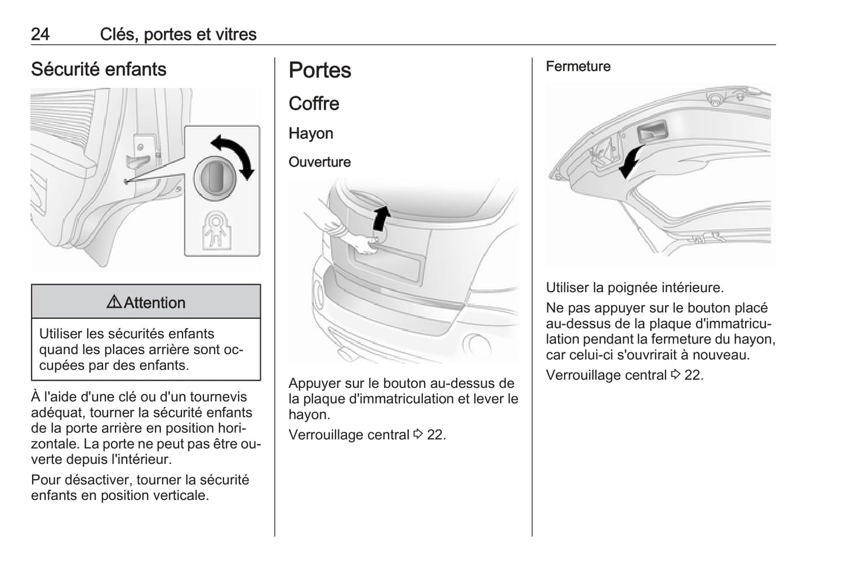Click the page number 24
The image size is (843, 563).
40,34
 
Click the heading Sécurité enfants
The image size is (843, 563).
99,69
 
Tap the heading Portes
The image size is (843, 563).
320,71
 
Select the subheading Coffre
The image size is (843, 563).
314,104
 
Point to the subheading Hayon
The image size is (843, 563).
311,134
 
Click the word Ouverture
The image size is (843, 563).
320,162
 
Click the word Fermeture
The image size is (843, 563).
578,67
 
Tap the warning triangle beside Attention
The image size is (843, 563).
114,302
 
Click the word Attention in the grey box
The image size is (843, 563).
155,303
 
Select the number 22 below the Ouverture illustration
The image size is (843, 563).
436,435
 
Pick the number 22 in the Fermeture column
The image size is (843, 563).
694,375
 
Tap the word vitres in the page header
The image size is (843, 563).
236,34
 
